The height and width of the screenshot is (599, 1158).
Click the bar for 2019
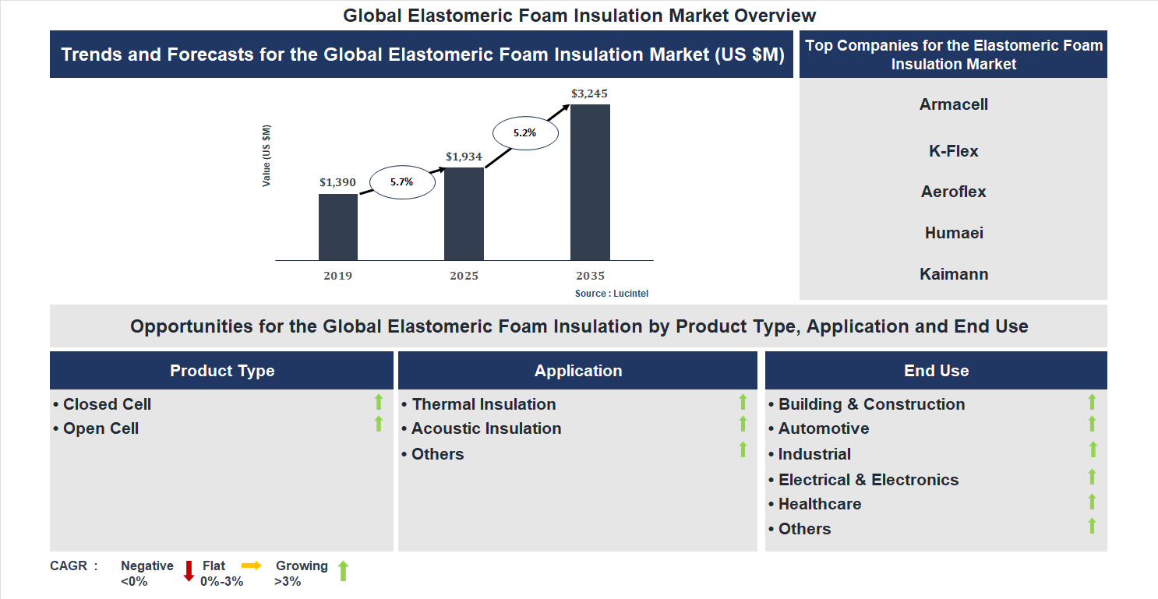(338, 227)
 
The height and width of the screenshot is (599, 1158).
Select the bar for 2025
(464, 213)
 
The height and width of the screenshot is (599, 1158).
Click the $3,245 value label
(589, 93)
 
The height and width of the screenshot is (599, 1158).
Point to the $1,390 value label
(337, 182)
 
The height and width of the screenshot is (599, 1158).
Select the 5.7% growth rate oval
(401, 181)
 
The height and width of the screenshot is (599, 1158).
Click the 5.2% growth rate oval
(524, 133)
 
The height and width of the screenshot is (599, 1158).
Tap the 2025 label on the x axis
(464, 276)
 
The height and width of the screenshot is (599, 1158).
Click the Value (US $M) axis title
(267, 156)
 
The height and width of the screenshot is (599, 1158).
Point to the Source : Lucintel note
(612, 294)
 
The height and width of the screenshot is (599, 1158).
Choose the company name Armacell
(953, 104)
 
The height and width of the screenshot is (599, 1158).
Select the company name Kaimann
(953, 274)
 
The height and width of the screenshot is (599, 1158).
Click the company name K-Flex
(953, 151)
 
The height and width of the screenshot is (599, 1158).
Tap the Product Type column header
(222, 371)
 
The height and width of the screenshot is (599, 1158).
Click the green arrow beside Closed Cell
(379, 402)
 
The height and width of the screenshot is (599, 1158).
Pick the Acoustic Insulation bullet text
(486, 428)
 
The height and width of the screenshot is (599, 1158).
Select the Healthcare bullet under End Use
(820, 504)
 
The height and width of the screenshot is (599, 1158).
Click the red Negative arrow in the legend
(189, 571)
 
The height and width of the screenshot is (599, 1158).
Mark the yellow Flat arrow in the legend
(252, 566)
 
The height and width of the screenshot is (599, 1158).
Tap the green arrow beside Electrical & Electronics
(1093, 477)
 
